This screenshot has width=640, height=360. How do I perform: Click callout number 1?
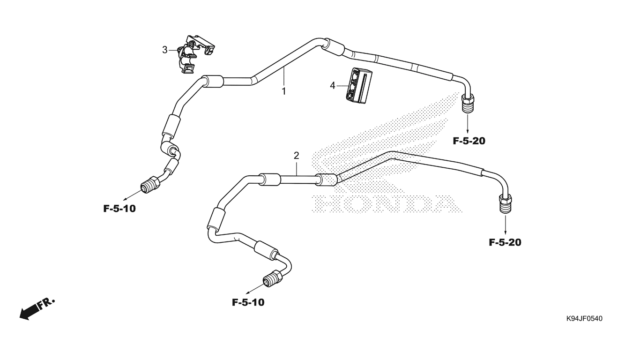(283, 91)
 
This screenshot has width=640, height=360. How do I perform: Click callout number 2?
(296, 156)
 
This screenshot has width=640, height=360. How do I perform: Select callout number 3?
(164, 50)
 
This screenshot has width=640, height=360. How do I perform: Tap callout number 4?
(333, 85)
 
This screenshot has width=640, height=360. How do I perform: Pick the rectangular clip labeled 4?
(358, 85)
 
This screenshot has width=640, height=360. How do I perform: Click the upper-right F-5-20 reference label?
(469, 141)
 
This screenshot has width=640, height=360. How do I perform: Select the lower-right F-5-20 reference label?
(505, 242)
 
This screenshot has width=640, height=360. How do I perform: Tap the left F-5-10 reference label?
(119, 209)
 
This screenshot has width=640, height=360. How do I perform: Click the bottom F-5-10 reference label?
(248, 302)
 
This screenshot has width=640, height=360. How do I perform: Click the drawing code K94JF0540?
(584, 319)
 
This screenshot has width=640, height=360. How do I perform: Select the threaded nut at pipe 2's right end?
(505, 203)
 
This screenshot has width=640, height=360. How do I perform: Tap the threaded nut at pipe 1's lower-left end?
(151, 185)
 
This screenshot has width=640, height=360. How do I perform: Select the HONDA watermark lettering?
(384, 203)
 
